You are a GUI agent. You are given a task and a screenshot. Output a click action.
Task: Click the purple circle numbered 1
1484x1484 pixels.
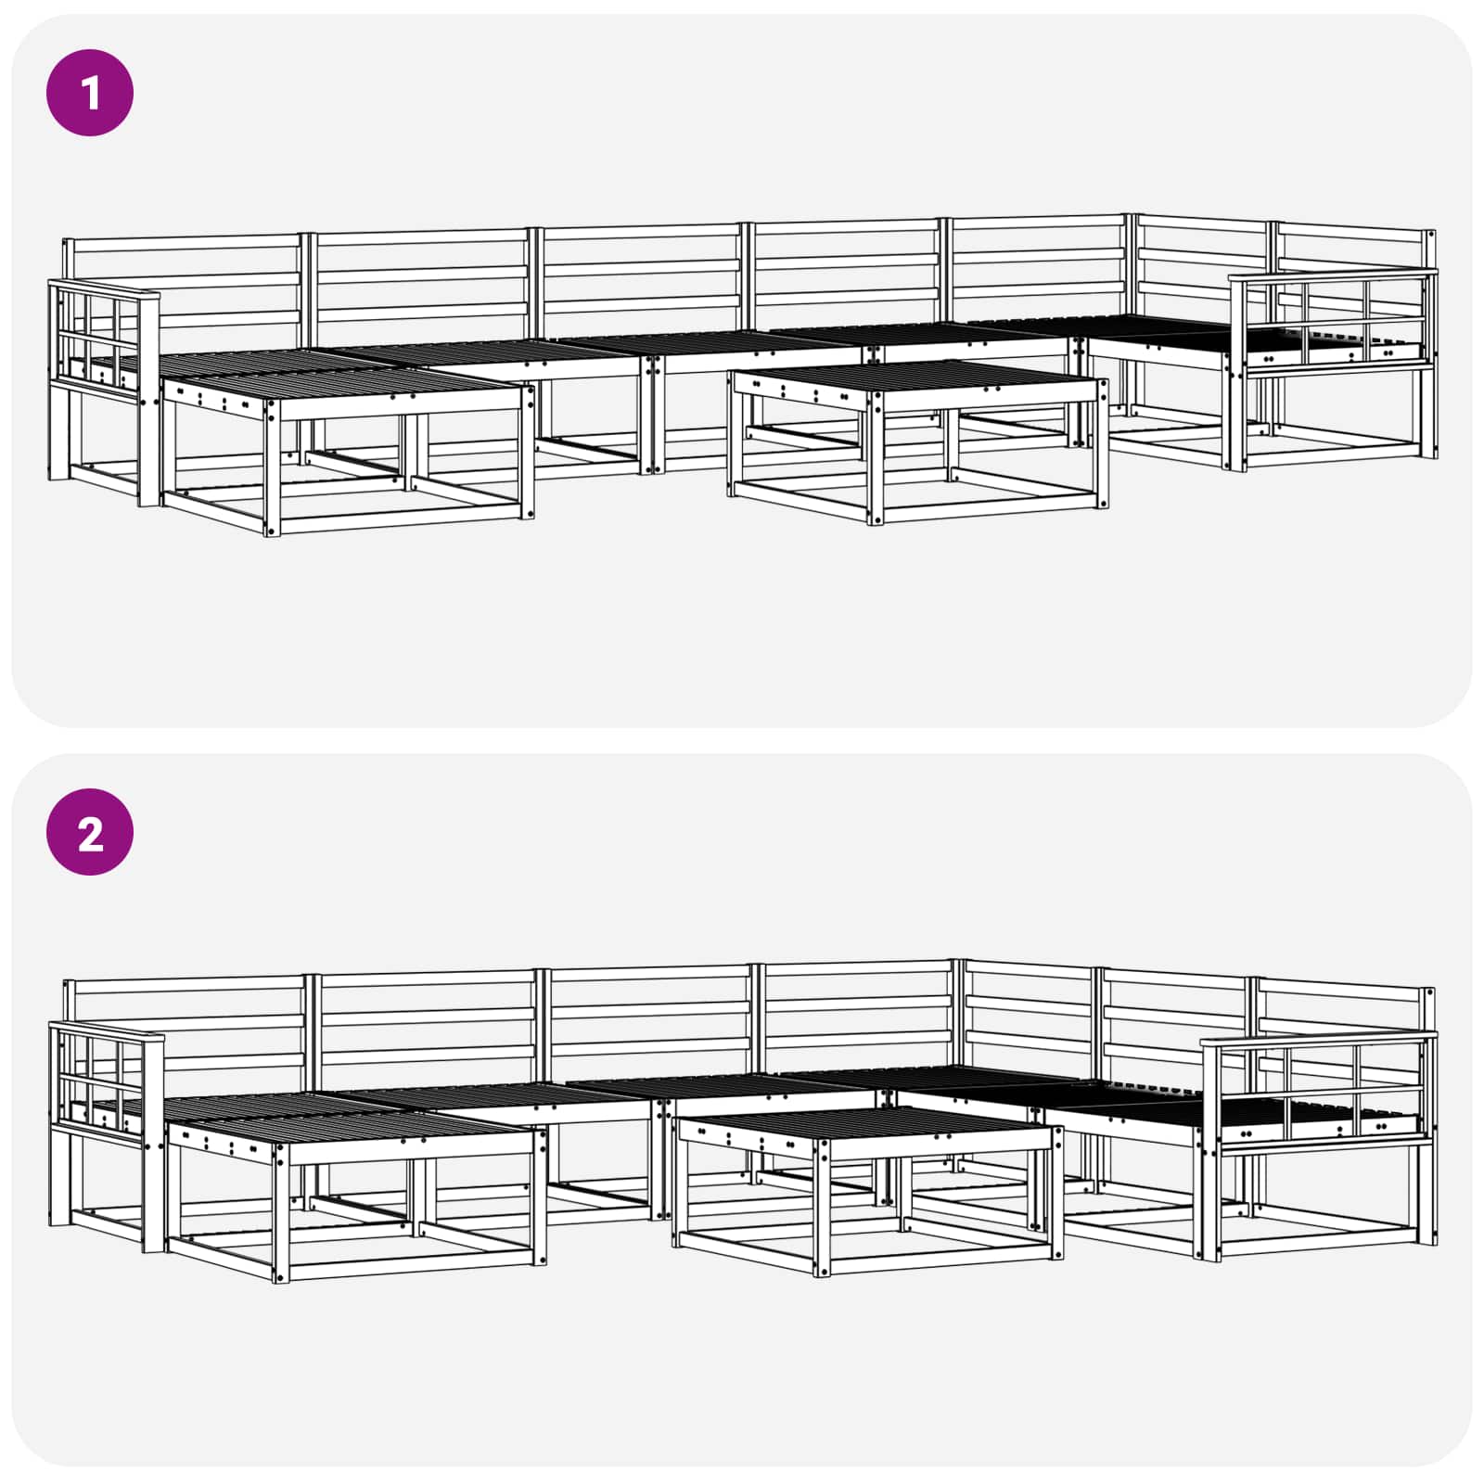[90, 94]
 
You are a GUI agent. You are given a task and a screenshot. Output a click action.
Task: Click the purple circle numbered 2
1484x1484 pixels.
[90, 833]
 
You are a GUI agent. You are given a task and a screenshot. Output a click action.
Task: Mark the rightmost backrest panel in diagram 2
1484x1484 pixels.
[1340, 1006]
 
